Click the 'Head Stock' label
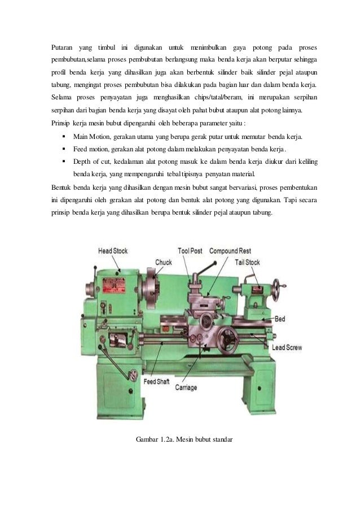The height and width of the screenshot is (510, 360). [x=113, y=250]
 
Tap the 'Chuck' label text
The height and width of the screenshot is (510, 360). [x=164, y=261]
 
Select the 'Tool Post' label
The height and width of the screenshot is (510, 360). [x=190, y=250]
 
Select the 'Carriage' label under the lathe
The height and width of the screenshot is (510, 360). [x=186, y=388]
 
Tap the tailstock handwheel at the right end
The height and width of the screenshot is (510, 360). [x=276, y=289]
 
